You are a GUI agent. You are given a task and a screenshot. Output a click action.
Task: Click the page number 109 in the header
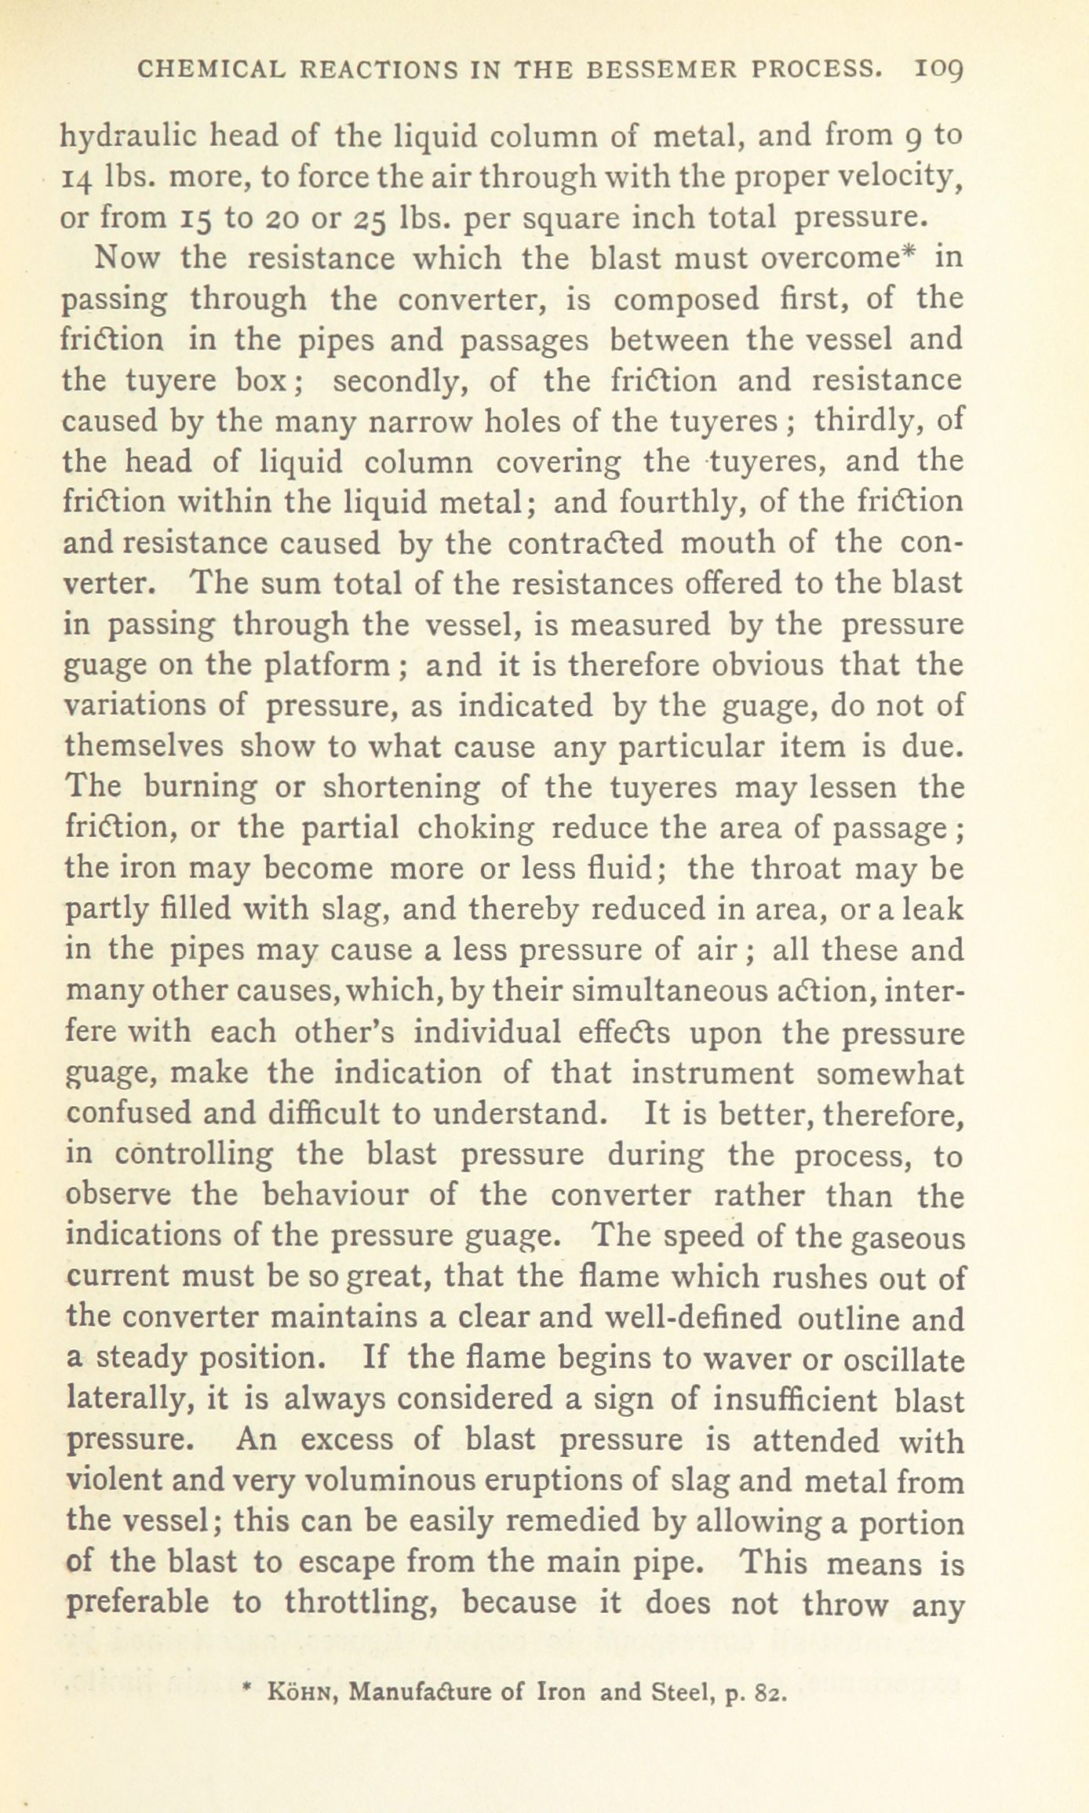pos(938,71)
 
